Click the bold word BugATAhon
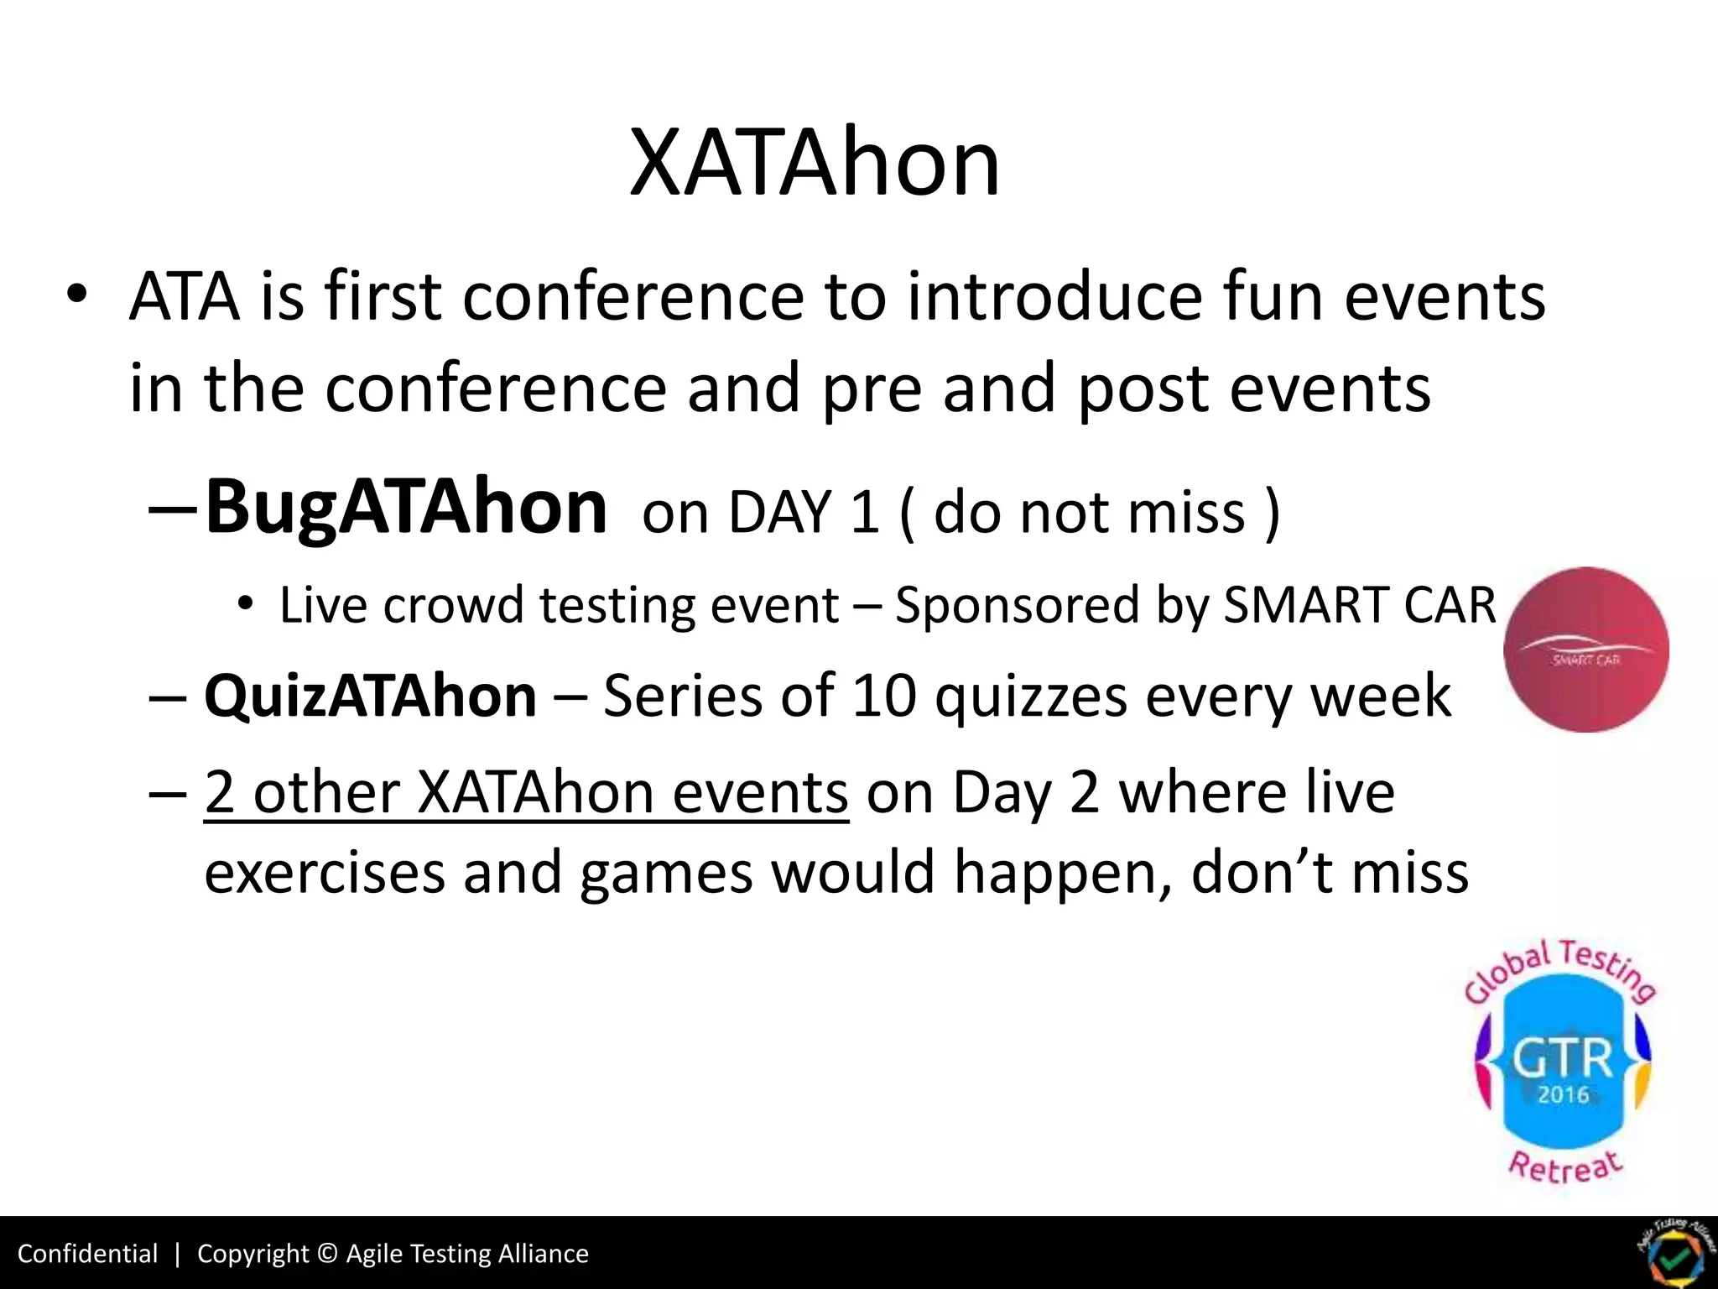point(406,507)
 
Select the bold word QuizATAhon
point(370,697)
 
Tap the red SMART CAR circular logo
point(1585,649)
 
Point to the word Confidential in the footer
point(87,1254)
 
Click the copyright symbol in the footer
point(328,1254)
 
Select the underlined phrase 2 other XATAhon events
point(526,792)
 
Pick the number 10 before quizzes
point(883,697)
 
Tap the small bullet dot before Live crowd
point(244,604)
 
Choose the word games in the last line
point(666,874)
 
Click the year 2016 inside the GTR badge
point(1563,1095)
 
